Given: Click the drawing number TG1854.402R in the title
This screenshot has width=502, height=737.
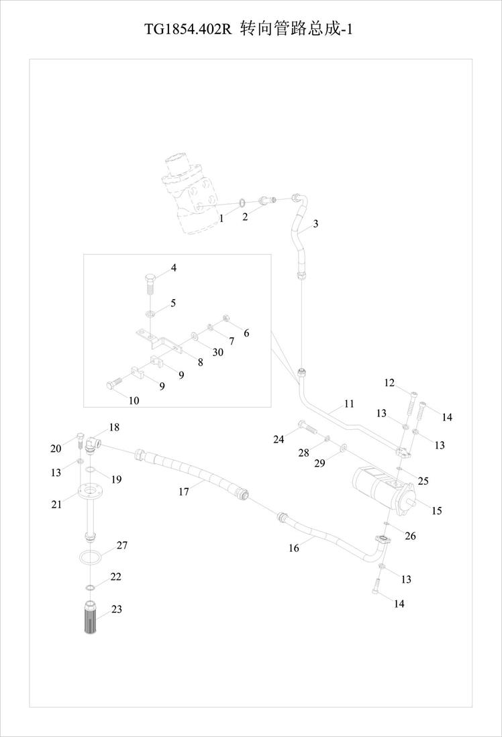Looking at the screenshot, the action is (188, 30).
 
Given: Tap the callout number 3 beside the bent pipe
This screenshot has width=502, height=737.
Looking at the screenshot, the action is (315, 224).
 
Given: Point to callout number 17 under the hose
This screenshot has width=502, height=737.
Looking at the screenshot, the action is (183, 492).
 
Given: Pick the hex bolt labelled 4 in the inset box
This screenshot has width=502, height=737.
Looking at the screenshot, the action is (149, 283).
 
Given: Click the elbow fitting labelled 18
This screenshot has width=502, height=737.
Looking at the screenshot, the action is (92, 444).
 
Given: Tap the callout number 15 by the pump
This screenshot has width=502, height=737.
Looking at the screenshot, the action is (437, 510).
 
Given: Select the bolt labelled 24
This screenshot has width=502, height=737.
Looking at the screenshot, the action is (306, 427).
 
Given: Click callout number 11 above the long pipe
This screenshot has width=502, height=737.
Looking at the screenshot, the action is (348, 404).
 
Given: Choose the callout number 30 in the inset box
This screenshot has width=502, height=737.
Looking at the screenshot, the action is (218, 352).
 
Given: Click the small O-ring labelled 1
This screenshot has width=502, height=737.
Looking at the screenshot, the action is (242, 203).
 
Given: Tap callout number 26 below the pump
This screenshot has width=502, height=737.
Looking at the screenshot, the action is (410, 536).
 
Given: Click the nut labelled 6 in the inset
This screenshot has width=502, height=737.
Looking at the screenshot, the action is (225, 319).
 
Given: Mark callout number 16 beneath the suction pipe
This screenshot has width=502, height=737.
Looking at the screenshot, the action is (293, 548).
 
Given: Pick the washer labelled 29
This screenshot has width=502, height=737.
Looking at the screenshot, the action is (343, 445).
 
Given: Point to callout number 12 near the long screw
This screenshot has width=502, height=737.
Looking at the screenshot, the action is (389, 383).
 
